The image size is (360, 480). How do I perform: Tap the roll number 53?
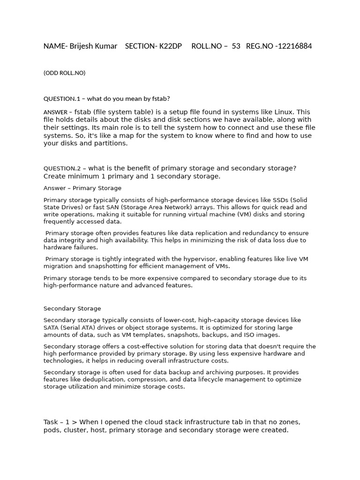(236, 46)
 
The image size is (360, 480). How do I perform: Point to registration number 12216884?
(294, 46)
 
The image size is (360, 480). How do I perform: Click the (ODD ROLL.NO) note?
(64, 73)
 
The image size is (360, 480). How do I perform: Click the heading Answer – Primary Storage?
(82, 188)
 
